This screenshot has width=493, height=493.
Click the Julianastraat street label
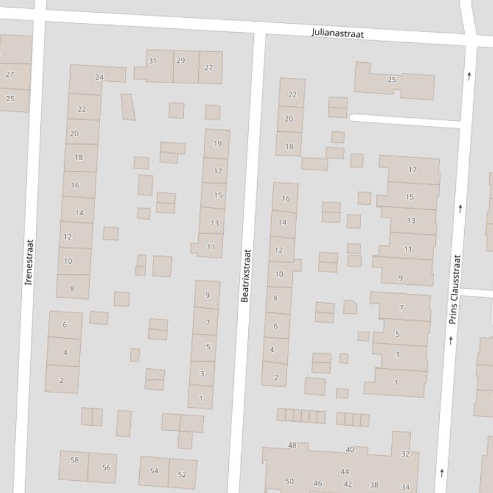point(338,33)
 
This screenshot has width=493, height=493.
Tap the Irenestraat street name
point(29,263)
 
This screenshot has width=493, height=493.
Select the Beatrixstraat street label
point(246,275)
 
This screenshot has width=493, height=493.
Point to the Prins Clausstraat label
point(455,289)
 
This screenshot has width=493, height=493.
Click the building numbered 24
point(99,77)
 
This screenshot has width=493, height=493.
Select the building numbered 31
point(153,61)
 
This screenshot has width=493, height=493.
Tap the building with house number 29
point(180,61)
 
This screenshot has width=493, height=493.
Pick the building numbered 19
point(217,144)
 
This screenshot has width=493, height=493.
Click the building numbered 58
point(74,460)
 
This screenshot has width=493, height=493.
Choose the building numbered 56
point(106,467)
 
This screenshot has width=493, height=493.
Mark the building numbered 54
point(154,471)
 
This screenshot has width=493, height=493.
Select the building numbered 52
point(182,474)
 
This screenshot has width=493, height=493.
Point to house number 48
point(292,446)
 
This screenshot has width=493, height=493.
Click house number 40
point(349,450)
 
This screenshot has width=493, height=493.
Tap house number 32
point(405,454)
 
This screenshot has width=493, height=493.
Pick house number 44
point(345,472)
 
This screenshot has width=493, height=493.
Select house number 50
point(289,481)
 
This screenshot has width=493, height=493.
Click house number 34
point(405,487)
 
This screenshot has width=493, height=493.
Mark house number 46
point(318,483)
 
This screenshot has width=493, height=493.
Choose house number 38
point(374,485)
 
